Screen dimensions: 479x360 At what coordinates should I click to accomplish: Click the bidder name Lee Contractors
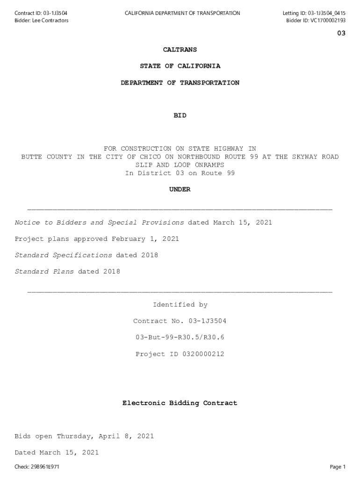(x=50, y=21)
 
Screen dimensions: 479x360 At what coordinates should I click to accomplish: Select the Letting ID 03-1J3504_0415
(x=326, y=13)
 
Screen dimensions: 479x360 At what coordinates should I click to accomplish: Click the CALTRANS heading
(x=180, y=50)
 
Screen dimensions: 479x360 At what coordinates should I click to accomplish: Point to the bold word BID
(x=180, y=116)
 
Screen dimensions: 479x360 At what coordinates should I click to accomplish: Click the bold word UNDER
(x=180, y=189)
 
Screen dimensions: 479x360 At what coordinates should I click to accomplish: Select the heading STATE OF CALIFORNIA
(x=180, y=66)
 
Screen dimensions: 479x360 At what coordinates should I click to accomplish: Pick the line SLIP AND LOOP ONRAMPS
(x=180, y=165)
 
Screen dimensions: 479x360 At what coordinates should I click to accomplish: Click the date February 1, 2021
(x=145, y=239)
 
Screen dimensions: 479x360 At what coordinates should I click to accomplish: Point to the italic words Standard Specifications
(x=63, y=255)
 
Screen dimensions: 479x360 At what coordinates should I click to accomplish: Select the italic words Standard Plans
(x=44, y=272)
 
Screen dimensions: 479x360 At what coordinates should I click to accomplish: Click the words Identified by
(x=180, y=305)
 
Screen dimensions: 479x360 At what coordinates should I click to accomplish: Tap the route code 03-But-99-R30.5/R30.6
(x=180, y=337)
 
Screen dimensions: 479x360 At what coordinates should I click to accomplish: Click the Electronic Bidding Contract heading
(x=180, y=403)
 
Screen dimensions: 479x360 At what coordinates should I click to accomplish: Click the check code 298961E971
(x=45, y=467)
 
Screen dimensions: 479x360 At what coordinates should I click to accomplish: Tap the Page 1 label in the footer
(x=338, y=467)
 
